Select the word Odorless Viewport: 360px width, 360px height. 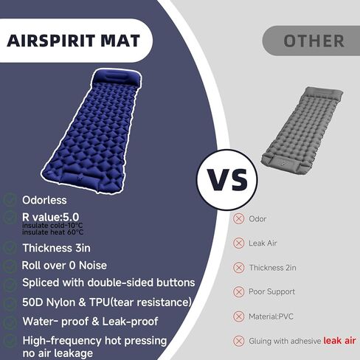44,200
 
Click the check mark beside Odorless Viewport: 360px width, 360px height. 10,200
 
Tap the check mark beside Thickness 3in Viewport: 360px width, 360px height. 10,247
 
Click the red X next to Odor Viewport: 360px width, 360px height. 238,219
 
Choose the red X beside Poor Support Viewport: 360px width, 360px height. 238,291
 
